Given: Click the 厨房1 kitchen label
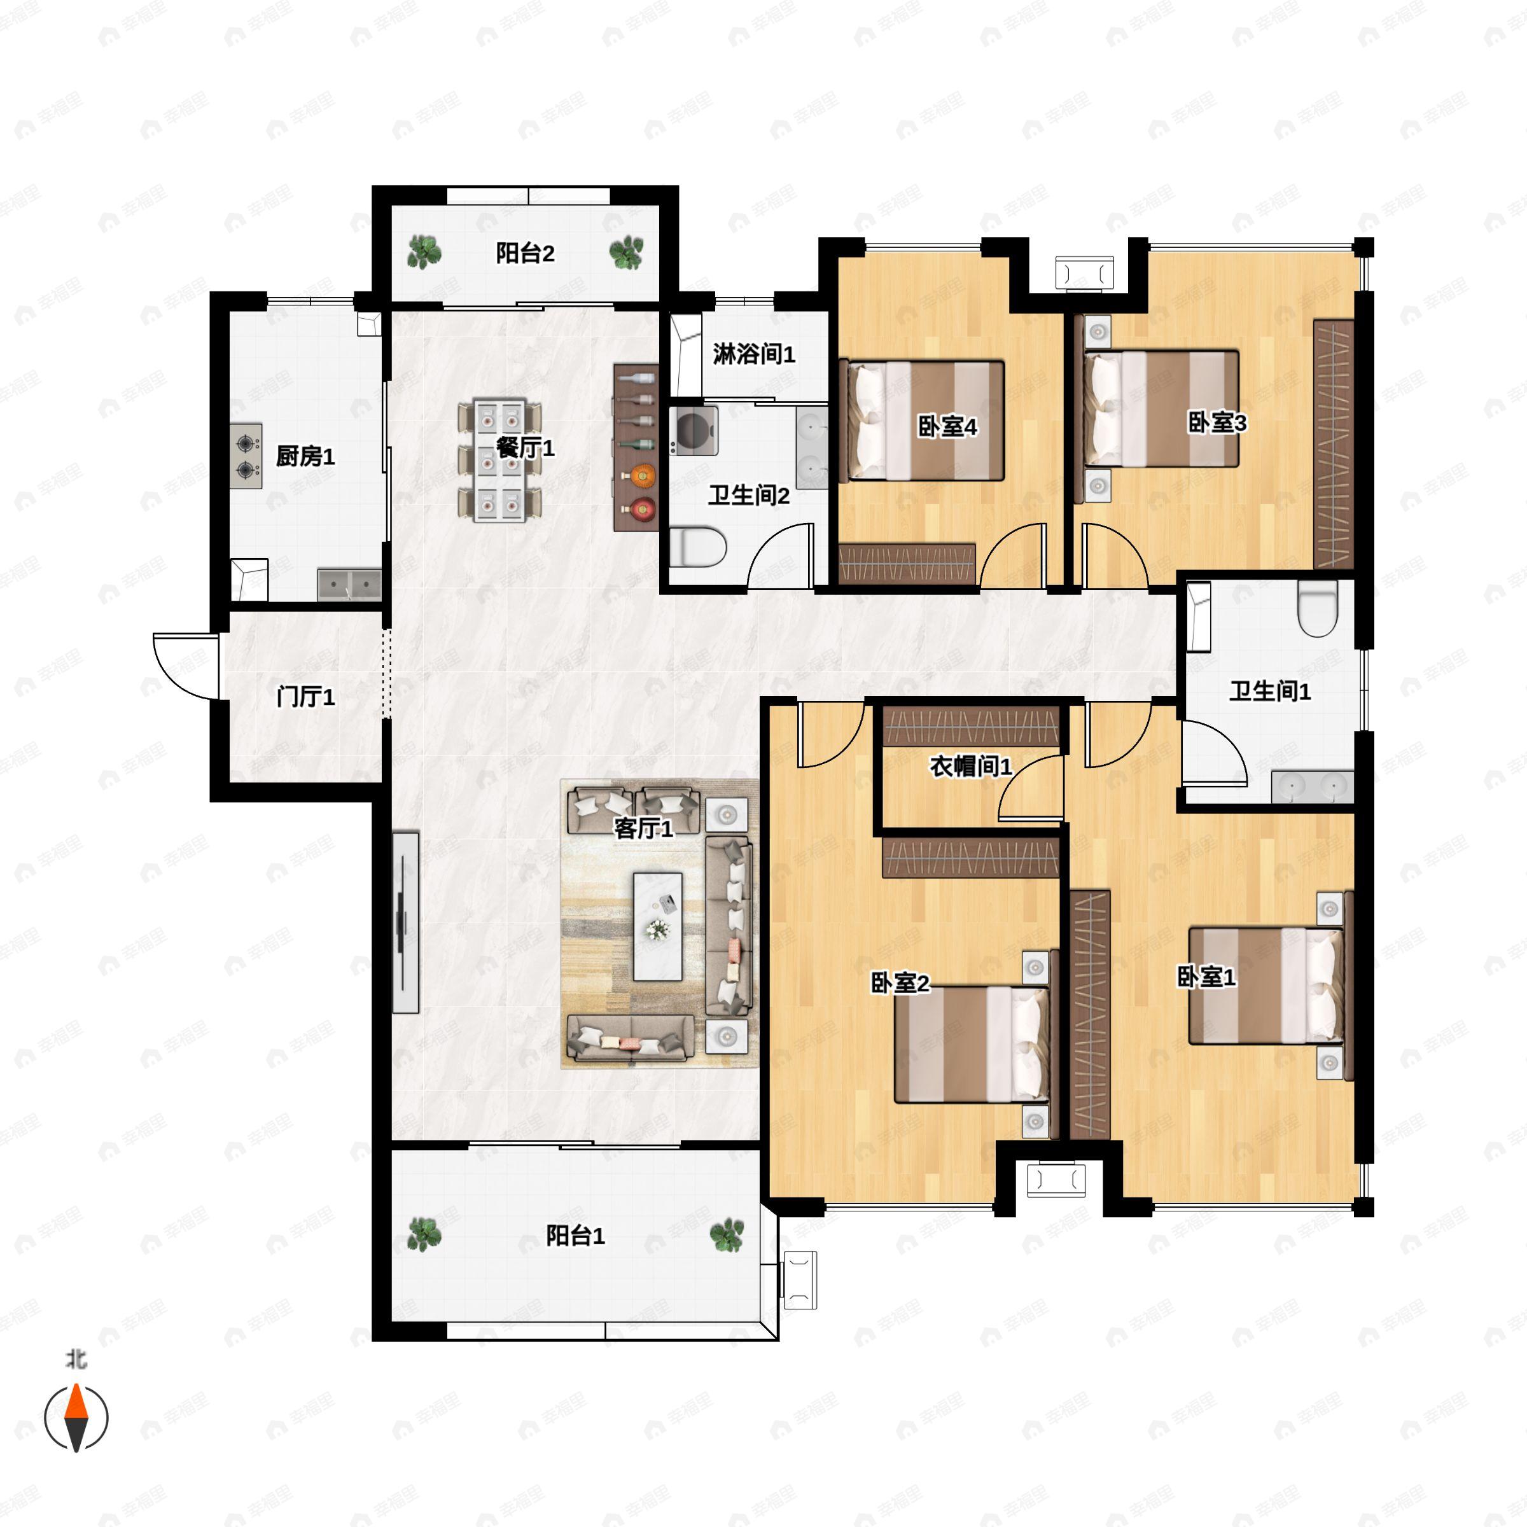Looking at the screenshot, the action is click(x=305, y=456).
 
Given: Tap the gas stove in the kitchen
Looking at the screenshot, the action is click(x=247, y=457).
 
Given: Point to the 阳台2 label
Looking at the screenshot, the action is click(x=525, y=254).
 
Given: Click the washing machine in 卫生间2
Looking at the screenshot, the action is click(x=693, y=430).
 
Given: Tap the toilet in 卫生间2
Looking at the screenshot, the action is click(x=697, y=548).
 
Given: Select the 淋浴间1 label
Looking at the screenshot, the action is click(x=754, y=354).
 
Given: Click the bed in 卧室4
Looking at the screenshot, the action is click(x=921, y=421).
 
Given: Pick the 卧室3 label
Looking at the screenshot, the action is click(x=1217, y=423).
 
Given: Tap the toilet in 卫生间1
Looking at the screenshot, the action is click(x=1317, y=609).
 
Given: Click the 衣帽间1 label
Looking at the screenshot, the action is click(x=970, y=766).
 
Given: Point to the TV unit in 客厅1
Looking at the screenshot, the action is click(x=405, y=921).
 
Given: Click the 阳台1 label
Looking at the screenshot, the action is click(x=575, y=1236).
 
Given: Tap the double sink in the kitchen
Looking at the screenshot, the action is click(x=349, y=584).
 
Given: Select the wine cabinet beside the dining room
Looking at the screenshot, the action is click(x=636, y=447).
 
